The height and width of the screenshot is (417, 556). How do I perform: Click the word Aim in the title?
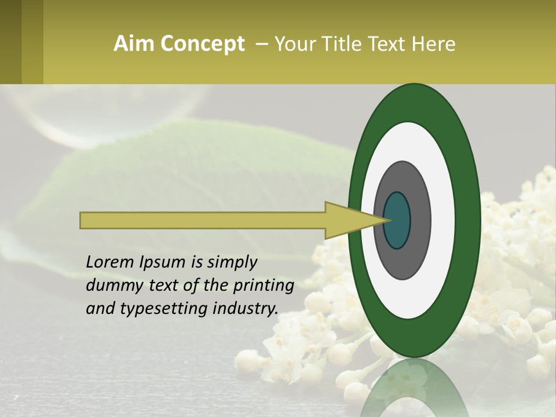[x=134, y=44]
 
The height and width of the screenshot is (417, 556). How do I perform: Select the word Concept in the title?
[x=202, y=44]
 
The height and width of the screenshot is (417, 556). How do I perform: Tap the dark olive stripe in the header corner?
[x=10, y=42]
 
